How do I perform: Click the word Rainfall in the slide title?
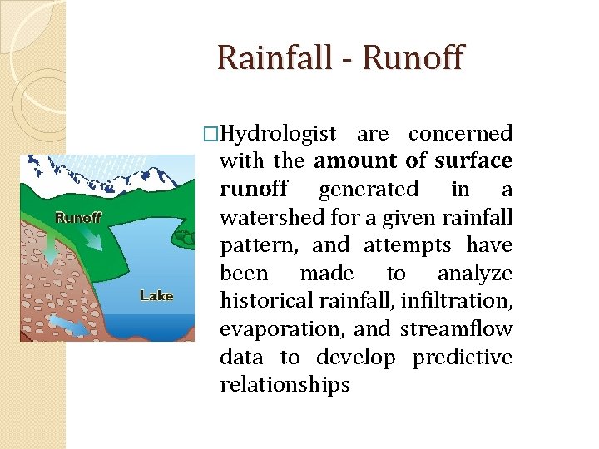click(271, 58)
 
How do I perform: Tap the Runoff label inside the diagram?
click(78, 218)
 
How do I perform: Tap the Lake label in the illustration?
click(156, 295)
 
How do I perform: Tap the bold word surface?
click(473, 161)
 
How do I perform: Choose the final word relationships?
click(285, 386)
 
